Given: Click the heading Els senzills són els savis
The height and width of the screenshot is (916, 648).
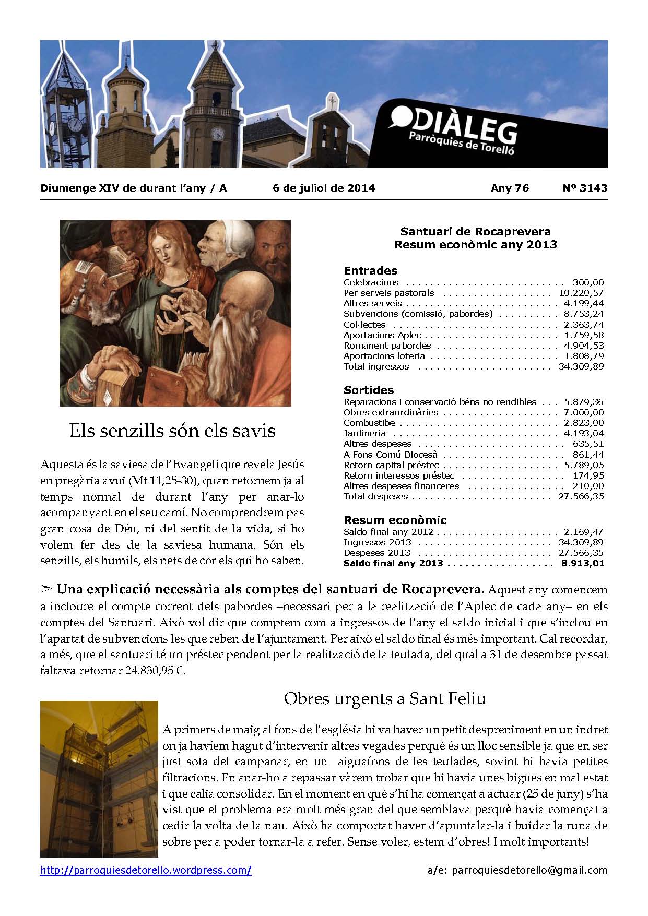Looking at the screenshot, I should (x=172, y=431).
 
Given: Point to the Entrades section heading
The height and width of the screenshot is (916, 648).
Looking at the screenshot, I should (x=370, y=270).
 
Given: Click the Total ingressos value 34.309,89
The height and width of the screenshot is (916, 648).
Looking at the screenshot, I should (x=581, y=366).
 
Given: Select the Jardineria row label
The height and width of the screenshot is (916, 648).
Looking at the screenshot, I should (x=364, y=433).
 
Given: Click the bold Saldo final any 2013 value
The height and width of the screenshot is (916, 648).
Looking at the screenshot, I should (x=582, y=563).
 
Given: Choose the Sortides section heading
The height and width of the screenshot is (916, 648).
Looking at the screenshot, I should (x=369, y=390).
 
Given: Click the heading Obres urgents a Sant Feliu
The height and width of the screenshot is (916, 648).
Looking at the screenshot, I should (x=385, y=698).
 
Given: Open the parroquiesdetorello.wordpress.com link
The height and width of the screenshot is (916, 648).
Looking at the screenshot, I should (x=146, y=870).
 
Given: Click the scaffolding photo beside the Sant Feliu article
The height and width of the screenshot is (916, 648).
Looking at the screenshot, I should (x=99, y=779).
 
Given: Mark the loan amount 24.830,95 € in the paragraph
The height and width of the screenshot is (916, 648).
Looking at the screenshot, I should (x=155, y=671).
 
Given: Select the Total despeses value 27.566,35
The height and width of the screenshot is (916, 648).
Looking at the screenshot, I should (x=581, y=496).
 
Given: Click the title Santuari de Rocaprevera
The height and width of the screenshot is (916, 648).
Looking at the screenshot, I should (x=475, y=231).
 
